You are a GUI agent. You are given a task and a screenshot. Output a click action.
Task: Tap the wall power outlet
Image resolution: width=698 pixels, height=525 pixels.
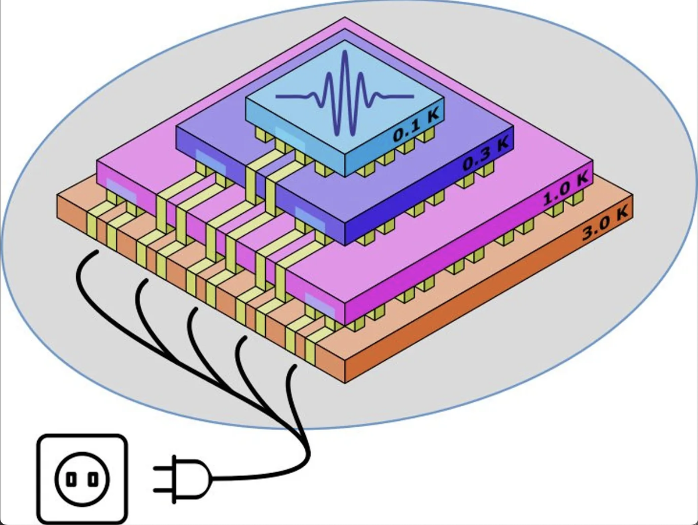tap(81, 478)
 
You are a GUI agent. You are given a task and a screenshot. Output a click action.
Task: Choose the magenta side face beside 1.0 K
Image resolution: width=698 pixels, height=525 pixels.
tap(465, 256)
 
